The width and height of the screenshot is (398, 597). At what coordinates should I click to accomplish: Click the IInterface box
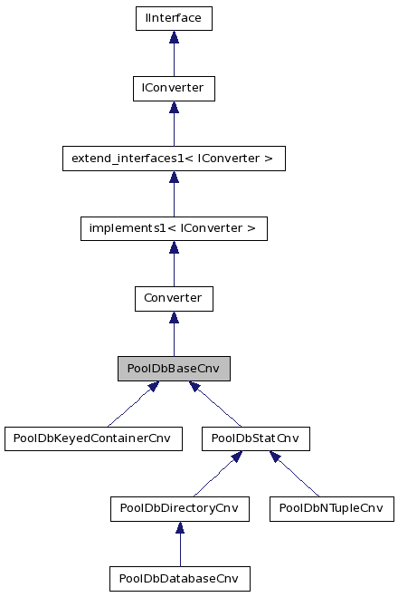(174, 17)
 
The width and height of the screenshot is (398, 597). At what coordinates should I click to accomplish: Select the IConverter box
(174, 88)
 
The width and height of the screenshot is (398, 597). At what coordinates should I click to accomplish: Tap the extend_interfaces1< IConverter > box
(174, 159)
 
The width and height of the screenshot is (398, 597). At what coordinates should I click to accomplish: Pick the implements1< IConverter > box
(174, 228)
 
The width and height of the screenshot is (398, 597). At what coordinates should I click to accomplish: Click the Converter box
(174, 298)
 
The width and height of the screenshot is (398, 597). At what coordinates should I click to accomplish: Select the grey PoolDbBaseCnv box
(174, 369)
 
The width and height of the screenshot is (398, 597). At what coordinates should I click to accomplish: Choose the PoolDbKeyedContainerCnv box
(92, 438)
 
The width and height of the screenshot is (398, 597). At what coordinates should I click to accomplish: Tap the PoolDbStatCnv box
(255, 438)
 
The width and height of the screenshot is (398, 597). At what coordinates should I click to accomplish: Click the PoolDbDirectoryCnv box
(179, 508)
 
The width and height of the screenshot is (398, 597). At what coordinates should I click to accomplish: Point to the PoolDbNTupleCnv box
(331, 508)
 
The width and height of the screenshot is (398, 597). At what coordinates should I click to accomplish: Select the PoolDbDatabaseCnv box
(179, 578)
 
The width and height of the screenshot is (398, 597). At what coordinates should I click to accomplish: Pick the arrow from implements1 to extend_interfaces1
(174, 194)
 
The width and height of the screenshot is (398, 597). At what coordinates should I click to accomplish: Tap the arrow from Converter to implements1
(174, 264)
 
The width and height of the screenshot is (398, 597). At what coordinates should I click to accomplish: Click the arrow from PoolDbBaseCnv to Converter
(174, 333)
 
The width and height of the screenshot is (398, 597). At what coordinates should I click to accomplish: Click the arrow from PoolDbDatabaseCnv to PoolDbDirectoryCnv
(179, 544)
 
